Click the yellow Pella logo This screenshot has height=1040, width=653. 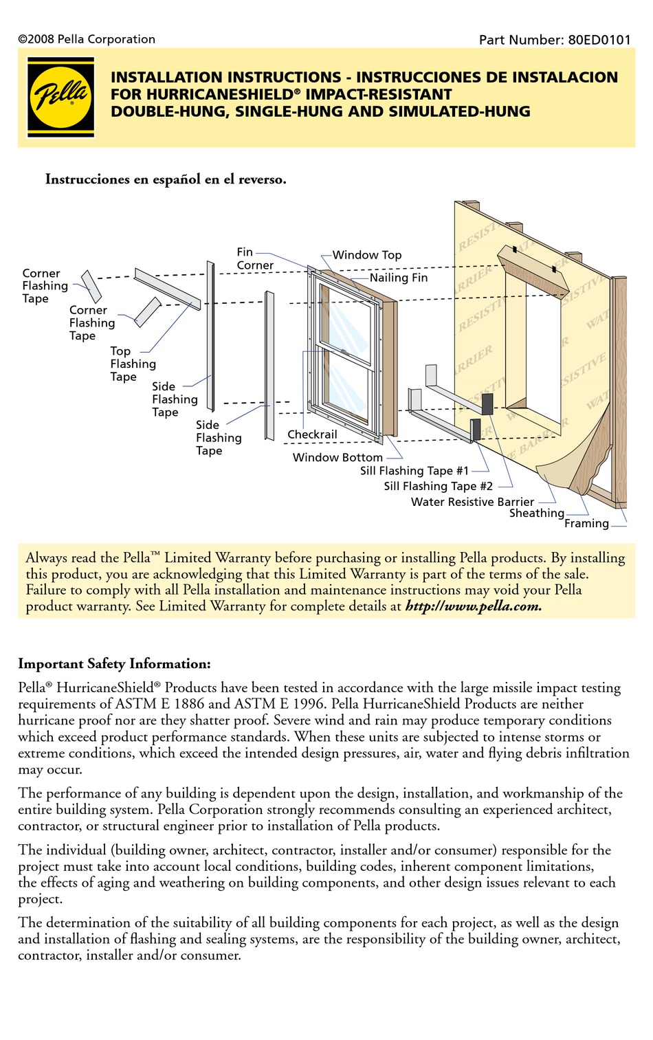61,97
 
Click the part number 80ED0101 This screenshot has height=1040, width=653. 599,40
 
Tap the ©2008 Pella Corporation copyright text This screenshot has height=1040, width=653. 87,39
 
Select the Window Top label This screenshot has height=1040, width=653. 367,255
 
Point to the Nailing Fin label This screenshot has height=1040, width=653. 399,278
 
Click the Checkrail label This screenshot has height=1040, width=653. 312,434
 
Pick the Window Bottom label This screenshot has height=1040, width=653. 337,458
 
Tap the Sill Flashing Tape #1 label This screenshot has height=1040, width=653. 414,471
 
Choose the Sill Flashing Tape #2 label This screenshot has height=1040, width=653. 438,487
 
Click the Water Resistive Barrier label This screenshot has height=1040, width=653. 472,502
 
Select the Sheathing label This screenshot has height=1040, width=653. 536,513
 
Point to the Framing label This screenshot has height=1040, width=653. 586,524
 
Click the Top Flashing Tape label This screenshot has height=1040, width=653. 133,364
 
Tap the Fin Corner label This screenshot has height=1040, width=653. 254,258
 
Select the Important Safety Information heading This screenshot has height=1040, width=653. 114,664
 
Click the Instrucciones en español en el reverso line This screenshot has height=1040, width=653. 166,179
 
